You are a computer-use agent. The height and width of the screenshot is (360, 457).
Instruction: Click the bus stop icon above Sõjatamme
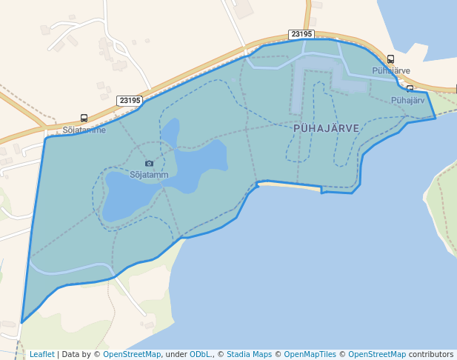tap(84, 119)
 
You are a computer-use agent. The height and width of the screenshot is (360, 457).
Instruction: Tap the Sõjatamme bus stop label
tap(84, 130)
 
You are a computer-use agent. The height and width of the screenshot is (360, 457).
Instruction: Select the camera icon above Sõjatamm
tap(149, 164)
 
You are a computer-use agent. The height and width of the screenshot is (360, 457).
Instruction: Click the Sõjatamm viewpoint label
tap(149, 175)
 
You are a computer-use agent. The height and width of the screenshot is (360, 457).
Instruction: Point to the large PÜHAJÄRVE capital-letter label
tap(326, 128)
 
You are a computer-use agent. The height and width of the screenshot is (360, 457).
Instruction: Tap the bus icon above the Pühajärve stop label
tap(390, 59)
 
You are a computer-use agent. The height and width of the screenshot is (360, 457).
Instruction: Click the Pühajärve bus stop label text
tap(391, 70)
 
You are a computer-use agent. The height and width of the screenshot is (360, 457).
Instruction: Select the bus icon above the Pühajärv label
tap(410, 89)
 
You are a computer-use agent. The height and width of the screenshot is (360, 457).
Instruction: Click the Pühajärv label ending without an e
tap(407, 100)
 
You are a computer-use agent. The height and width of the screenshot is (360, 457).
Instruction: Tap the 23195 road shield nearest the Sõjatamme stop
tap(130, 100)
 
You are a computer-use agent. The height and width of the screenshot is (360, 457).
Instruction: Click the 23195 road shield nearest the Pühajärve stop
tap(301, 34)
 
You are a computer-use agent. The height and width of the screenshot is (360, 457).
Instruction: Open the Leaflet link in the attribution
tap(42, 354)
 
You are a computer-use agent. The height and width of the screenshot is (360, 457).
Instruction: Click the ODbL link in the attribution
tap(201, 354)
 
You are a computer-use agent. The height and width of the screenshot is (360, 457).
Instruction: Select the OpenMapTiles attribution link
tap(312, 354)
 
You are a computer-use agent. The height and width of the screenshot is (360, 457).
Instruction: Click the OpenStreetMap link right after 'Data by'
tap(132, 354)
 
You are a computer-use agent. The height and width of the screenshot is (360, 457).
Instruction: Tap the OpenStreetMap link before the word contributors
tap(377, 354)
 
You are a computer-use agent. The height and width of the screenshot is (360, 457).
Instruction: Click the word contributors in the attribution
tap(431, 354)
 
